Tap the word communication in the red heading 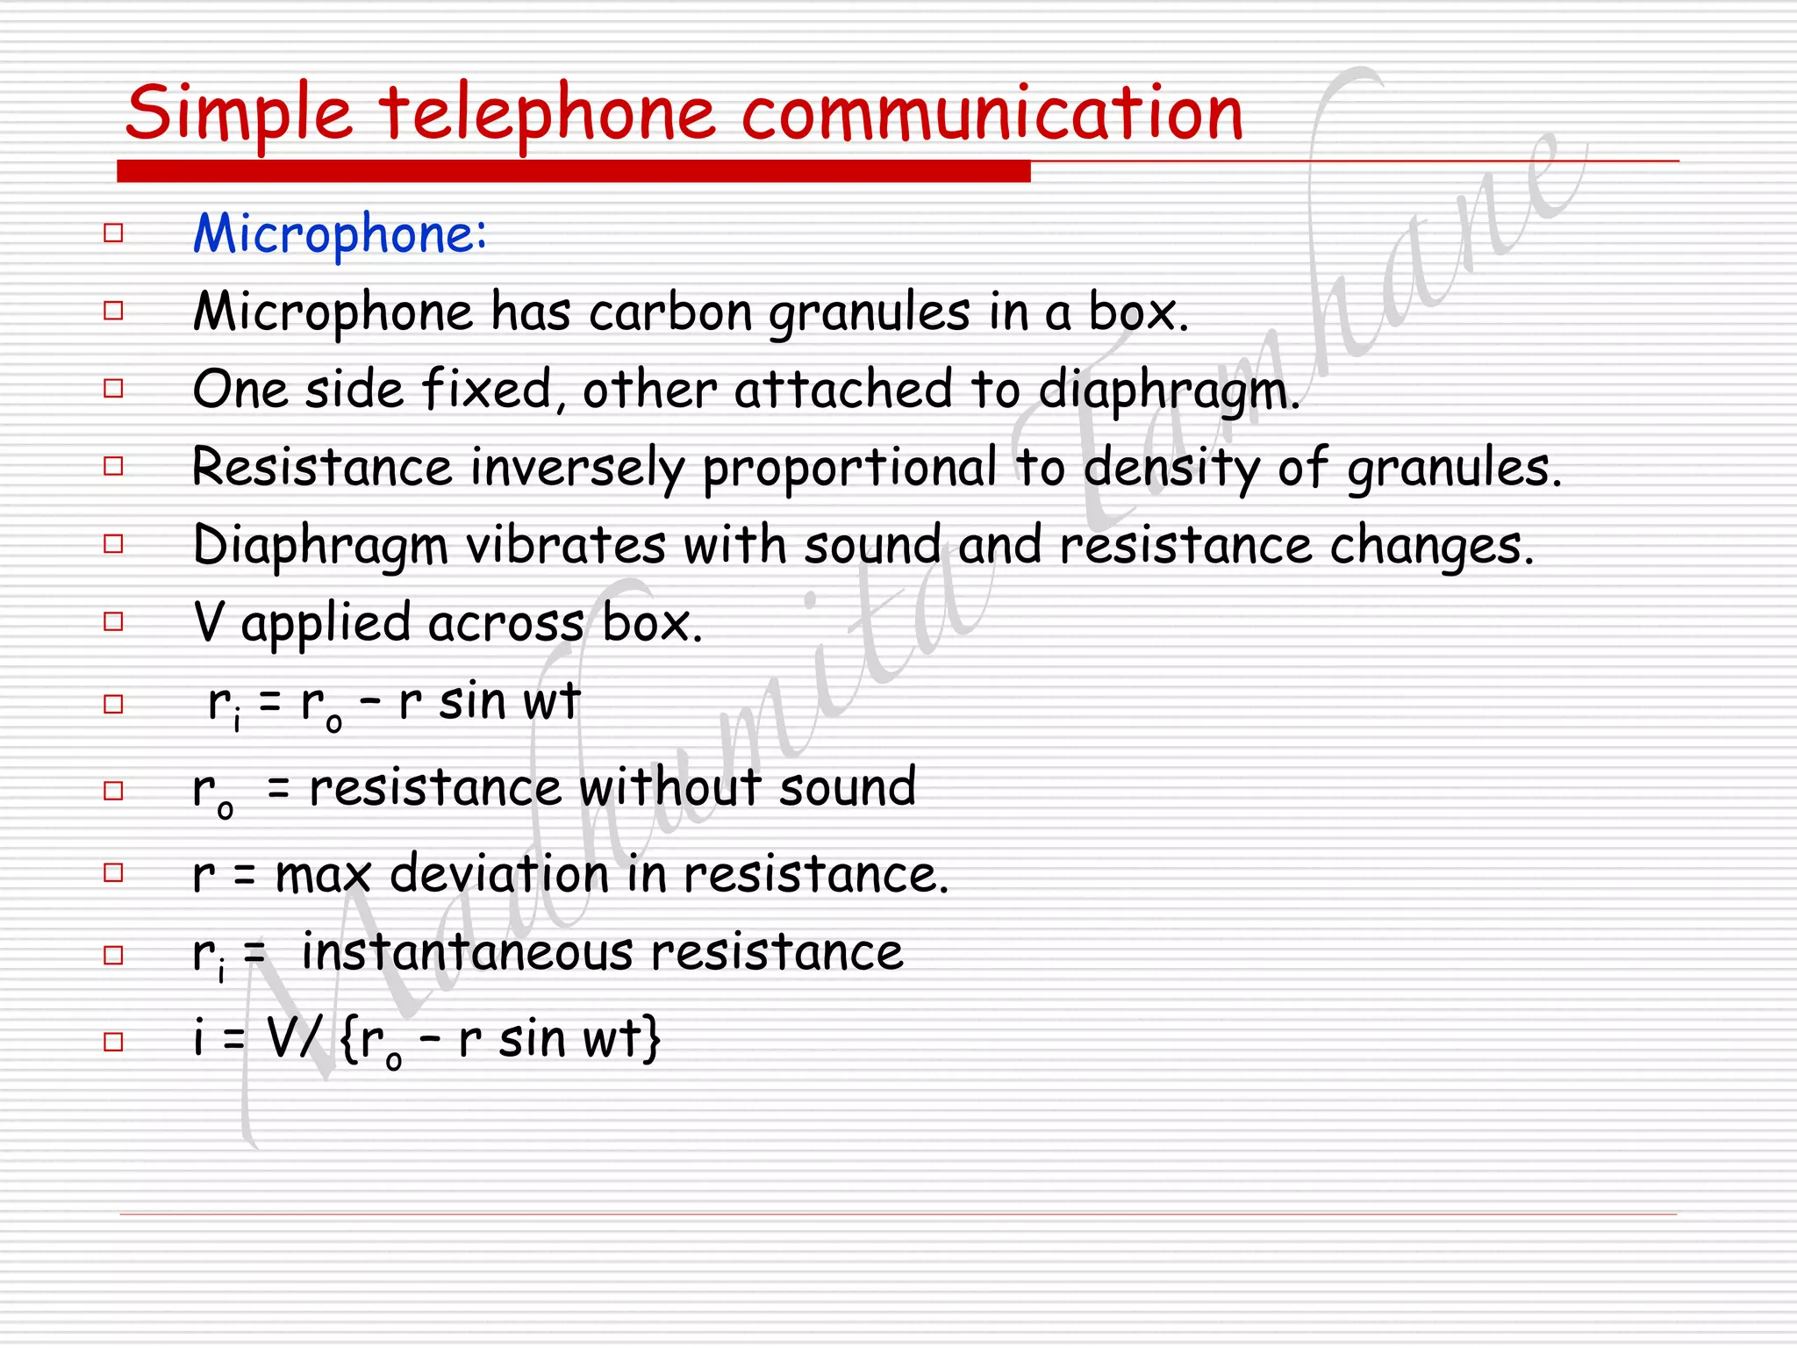pos(992,114)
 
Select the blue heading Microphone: pos(340,234)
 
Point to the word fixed pos(488,389)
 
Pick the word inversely pos(578,468)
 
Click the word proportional pos(849,468)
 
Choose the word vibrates pos(565,545)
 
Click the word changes pos(1432,546)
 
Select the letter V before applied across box pos(209,623)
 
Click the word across pos(506,623)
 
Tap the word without pos(670,786)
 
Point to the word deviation pos(499,874)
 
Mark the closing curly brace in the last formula pos(650,1039)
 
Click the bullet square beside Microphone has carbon pos(113,311)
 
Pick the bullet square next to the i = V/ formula pos(113,1042)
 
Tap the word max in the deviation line pos(323,875)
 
